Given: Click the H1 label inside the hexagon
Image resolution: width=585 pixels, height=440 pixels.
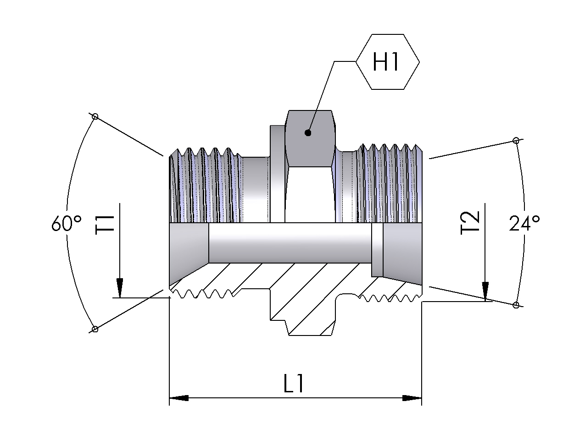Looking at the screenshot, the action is [x=386, y=62].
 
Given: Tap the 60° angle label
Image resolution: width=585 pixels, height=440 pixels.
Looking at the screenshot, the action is [x=67, y=223].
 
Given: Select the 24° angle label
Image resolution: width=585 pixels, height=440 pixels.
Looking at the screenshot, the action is [x=524, y=223].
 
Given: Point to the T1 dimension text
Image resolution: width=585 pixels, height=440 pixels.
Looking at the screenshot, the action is [x=105, y=225].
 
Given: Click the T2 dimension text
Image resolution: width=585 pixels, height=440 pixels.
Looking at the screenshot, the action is [x=470, y=223].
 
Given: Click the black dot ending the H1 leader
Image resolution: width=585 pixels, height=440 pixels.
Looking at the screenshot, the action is [x=308, y=133].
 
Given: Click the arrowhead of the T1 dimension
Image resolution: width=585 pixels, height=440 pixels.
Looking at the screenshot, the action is [x=120, y=288].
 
